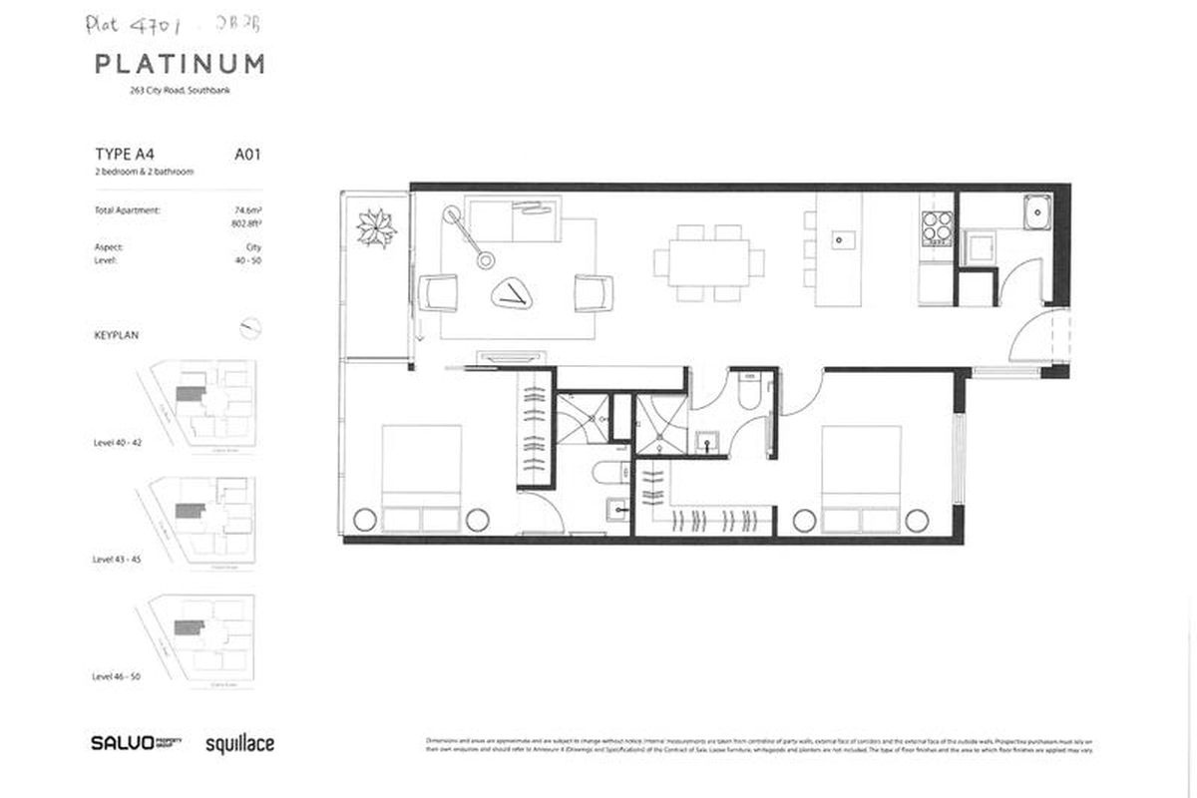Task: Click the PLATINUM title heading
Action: point(180,65)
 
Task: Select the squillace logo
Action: point(239,743)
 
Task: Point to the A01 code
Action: point(247,155)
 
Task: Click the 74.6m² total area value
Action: point(245,210)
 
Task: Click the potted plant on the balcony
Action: point(376,227)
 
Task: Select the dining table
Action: point(709,262)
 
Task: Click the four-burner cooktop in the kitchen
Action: point(937,228)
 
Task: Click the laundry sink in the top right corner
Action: point(1037,211)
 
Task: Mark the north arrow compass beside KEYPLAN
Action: point(250,325)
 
